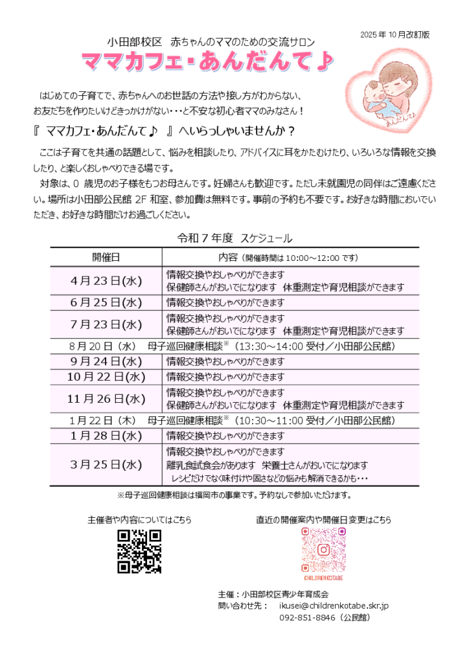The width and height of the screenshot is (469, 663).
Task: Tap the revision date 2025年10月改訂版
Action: click(395, 34)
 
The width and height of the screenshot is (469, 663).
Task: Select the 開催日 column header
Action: click(106, 257)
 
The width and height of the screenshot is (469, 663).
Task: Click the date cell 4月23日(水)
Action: click(106, 280)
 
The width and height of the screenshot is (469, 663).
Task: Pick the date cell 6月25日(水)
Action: click(106, 302)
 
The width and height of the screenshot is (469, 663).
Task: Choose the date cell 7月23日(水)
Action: click(106, 324)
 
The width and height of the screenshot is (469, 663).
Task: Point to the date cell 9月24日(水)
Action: click(106, 361)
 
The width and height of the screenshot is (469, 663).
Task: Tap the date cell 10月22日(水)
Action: click(106, 376)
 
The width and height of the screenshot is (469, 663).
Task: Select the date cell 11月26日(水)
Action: click(106, 398)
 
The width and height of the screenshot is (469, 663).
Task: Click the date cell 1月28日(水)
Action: click(106, 435)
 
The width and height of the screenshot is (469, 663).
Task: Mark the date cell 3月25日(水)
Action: click(106, 464)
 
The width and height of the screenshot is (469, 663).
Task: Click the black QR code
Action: click(139, 551)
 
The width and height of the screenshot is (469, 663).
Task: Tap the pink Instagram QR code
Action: click(323, 550)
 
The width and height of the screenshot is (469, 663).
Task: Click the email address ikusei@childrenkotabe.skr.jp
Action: click(334, 605)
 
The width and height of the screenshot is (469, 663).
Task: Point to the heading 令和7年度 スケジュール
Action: click(234, 238)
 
